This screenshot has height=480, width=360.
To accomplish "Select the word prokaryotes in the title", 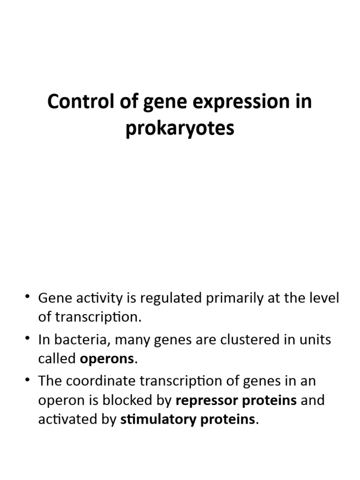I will tap(180, 128).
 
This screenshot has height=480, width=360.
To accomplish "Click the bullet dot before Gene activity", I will tap(29, 297).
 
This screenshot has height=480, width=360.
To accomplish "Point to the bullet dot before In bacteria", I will tap(29, 339).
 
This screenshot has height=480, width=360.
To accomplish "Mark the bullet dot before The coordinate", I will tap(29, 380).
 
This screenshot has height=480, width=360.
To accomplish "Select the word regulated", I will tap(165, 298).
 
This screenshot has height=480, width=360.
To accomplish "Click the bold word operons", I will tap(107, 360).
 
